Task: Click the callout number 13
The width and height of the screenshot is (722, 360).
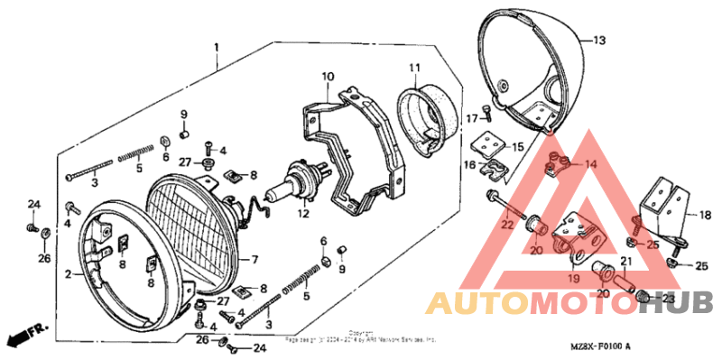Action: tap(600, 41)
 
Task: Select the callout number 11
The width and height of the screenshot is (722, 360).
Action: tap(414, 69)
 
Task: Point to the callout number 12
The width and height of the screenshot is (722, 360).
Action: tap(303, 215)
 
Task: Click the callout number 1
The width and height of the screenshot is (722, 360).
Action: tap(217, 46)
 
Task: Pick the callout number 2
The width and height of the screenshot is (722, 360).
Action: tap(67, 272)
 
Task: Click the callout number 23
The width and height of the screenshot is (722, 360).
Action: tap(669, 298)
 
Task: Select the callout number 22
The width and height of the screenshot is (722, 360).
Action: tap(507, 224)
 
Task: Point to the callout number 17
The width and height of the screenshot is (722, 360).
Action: tap(471, 118)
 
